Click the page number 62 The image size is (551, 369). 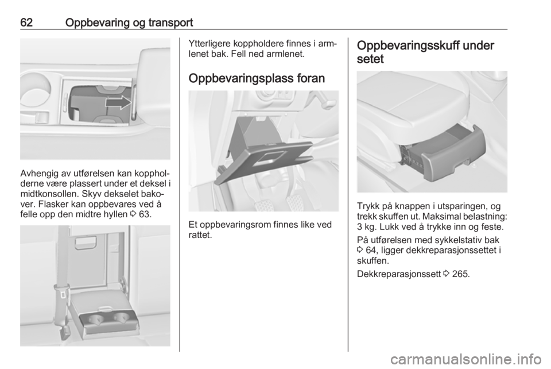[x=26, y=22]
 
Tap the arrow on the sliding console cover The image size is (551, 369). [x=118, y=102]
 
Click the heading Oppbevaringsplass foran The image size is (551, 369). [x=257, y=78]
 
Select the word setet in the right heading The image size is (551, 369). [x=370, y=59]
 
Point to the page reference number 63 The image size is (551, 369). [x=145, y=214]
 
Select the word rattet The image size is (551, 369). [x=199, y=235]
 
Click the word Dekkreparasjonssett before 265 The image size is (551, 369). [x=399, y=274]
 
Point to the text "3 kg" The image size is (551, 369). [x=366, y=227]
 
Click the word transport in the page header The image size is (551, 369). [x=170, y=23]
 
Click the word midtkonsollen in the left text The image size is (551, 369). [x=49, y=194]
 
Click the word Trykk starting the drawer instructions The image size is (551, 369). [x=367, y=206]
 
